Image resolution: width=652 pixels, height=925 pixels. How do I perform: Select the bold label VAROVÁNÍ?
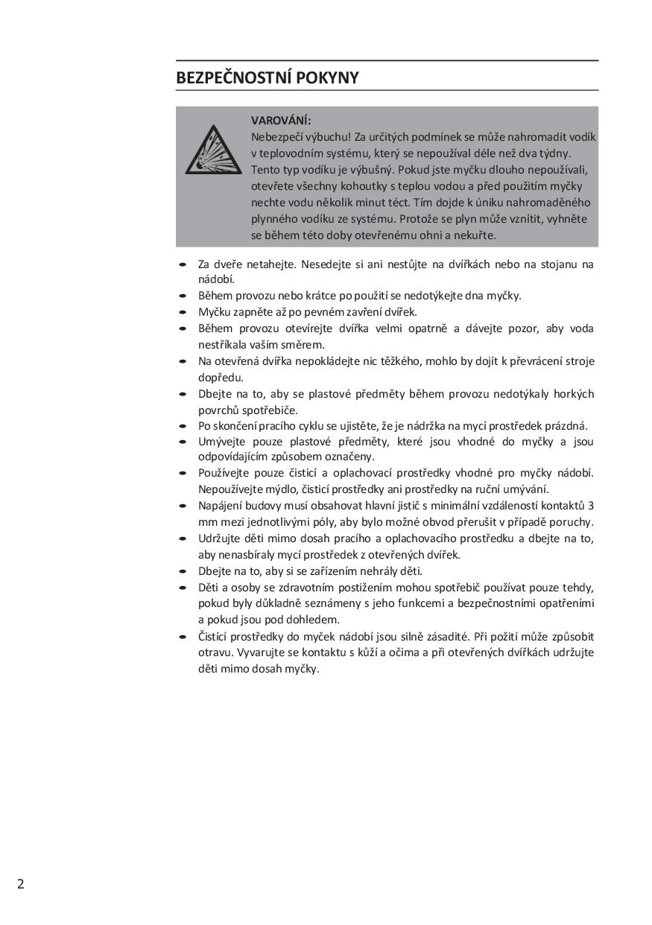coord(281,120)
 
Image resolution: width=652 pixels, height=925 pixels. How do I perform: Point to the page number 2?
coord(21,884)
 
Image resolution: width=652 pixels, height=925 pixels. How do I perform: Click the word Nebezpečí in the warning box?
coord(275,137)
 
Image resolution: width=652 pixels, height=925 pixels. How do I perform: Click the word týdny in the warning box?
coord(555,153)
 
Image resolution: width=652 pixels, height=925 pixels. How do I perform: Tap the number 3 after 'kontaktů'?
coord(591,506)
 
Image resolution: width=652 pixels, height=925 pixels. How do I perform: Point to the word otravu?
coord(215,652)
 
